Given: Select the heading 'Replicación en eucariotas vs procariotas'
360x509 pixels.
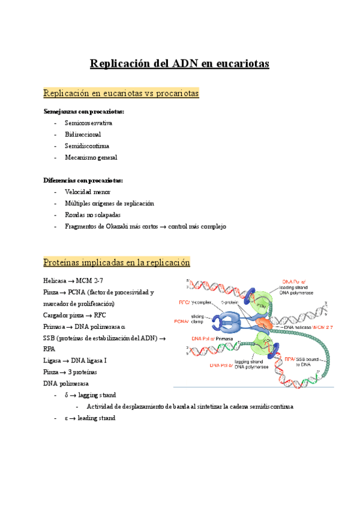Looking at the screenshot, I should coord(121,94).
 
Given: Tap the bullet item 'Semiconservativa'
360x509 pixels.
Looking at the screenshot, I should coord(89,123).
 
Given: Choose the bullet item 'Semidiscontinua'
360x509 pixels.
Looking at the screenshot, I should coord(87,146).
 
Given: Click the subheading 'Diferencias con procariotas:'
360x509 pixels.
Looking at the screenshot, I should coord(83,180).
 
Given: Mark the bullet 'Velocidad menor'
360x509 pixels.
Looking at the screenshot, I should coord(88,192).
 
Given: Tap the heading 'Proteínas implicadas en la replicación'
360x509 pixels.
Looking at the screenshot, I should coord(116,262).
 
